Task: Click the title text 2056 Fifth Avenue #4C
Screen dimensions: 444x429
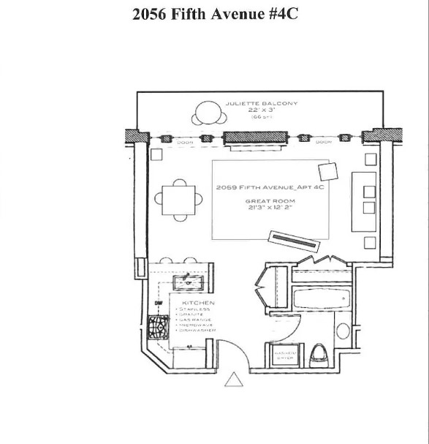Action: coord(215,14)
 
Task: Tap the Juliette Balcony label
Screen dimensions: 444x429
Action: coord(262,104)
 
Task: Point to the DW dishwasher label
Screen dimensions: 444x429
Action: coord(157,303)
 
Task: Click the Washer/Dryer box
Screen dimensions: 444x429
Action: coord(284,354)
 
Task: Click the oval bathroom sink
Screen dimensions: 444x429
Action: coord(343,329)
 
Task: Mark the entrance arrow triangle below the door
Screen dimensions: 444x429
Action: coord(233,380)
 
